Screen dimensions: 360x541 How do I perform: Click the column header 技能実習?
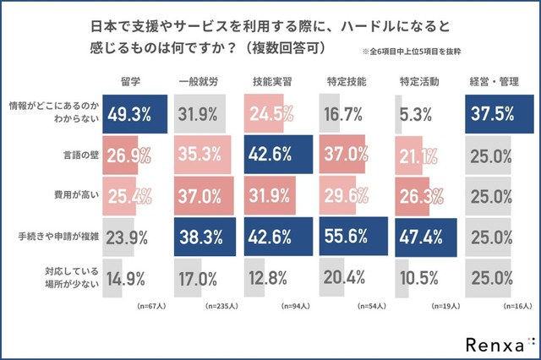(x=271, y=82)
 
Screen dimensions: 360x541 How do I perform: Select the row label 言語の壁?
(x=71, y=155)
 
